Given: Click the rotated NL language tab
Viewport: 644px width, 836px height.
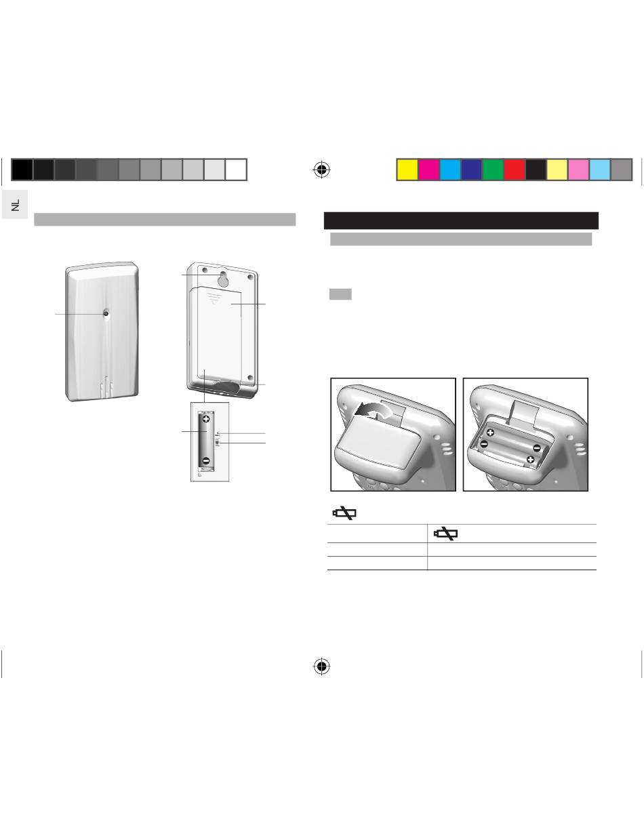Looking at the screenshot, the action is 15,205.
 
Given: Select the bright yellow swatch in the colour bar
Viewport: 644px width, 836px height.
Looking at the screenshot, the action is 407,170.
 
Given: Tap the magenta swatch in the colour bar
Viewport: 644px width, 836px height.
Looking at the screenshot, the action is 428,170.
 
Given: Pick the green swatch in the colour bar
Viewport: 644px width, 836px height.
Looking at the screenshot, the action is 493,170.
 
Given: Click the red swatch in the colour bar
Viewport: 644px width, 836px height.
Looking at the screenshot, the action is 515,170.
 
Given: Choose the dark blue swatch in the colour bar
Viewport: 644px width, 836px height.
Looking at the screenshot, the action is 471,170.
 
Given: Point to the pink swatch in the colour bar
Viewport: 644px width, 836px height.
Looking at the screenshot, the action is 578,170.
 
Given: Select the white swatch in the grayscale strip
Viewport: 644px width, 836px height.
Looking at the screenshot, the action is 236,170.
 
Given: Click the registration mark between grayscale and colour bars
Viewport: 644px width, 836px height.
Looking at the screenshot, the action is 322,170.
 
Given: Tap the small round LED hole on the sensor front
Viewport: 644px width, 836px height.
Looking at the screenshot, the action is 105,313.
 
